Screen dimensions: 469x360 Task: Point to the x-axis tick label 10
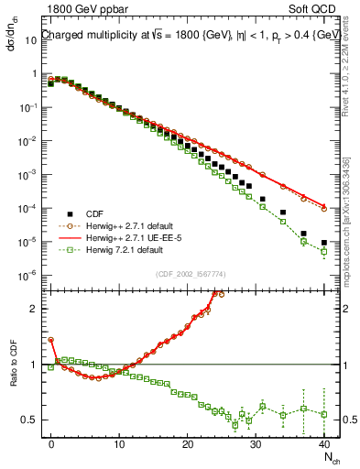coord(119,443)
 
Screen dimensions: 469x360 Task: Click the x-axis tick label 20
coord(187,443)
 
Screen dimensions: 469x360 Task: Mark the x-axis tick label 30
coord(256,443)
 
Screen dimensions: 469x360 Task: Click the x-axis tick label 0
coord(51,443)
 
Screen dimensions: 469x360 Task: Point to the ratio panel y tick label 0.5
coord(29,420)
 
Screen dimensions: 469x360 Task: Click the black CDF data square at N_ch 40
coord(324,243)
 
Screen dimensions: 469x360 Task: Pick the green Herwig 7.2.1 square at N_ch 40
coord(324,252)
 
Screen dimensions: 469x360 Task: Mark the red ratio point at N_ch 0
coord(51,340)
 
